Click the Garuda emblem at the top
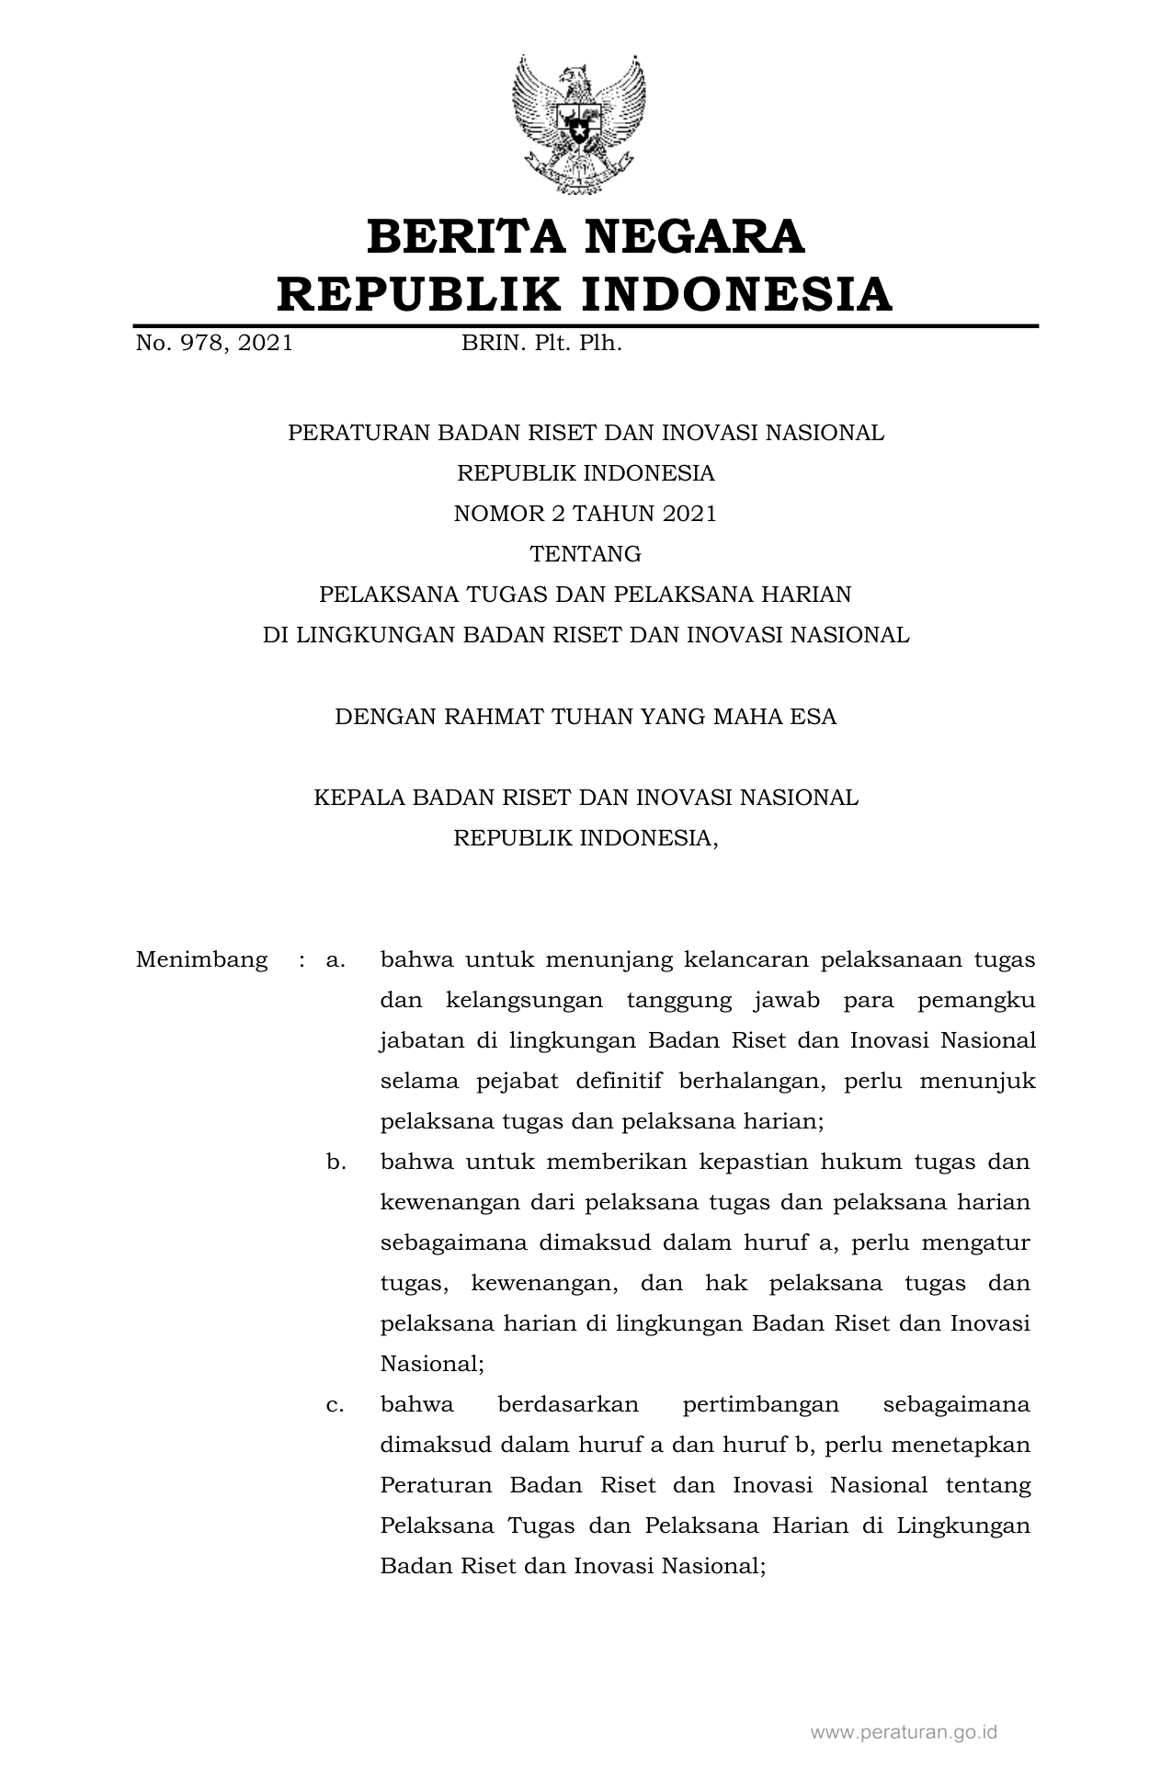pyautogui.click(x=578, y=124)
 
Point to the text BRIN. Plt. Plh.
pyautogui.click(x=541, y=344)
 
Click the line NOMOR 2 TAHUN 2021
pyautogui.click(x=585, y=514)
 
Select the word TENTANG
pyautogui.click(x=585, y=554)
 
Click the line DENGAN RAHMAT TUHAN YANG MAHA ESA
pyautogui.click(x=585, y=716)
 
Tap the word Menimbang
pyautogui.click(x=201, y=960)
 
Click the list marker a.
pyautogui.click(x=335, y=960)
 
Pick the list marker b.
pyautogui.click(x=336, y=1163)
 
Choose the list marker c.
pyautogui.click(x=335, y=1405)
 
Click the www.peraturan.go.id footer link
pyautogui.click(x=904, y=1732)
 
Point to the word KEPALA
pyautogui.click(x=359, y=797)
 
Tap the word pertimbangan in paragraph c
pyautogui.click(x=761, y=1405)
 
